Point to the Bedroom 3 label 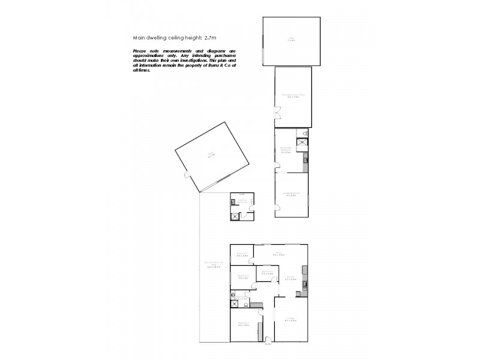[x=242, y=254]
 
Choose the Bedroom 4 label [x=268, y=273]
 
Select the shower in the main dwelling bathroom [x=235, y=304]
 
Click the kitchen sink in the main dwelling [x=305, y=284]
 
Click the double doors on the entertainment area [x=277, y=112]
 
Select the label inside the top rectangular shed [x=290, y=40]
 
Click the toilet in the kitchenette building [x=305, y=133]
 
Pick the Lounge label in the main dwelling [x=290, y=319]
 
